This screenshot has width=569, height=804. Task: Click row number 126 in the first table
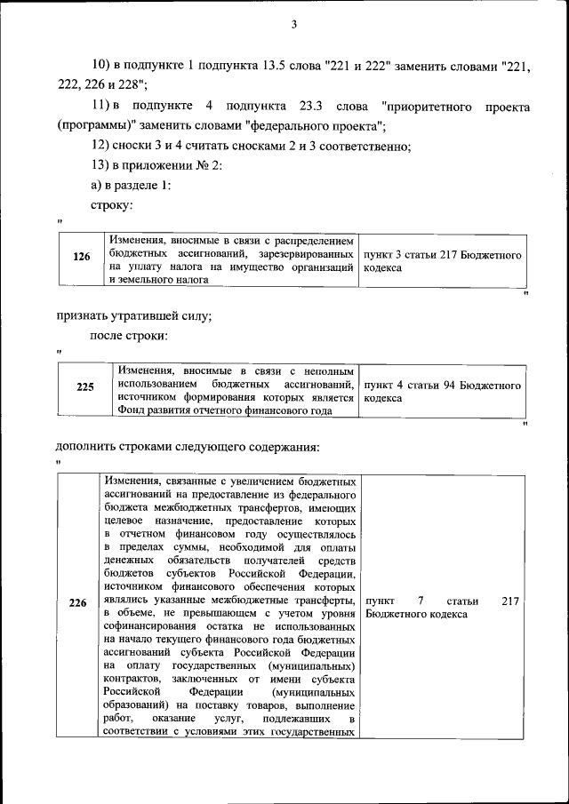(82, 257)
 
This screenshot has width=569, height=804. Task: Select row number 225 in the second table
(85, 386)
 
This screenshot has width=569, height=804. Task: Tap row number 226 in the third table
(78, 603)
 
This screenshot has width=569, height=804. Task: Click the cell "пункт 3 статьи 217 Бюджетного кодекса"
(442, 261)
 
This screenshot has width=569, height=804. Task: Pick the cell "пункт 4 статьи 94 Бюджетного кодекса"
(442, 392)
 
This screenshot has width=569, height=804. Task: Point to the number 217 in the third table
(509, 601)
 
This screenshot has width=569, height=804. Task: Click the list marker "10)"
(100, 67)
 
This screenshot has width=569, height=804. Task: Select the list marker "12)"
(100, 146)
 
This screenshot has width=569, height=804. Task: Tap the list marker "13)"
(100, 165)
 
